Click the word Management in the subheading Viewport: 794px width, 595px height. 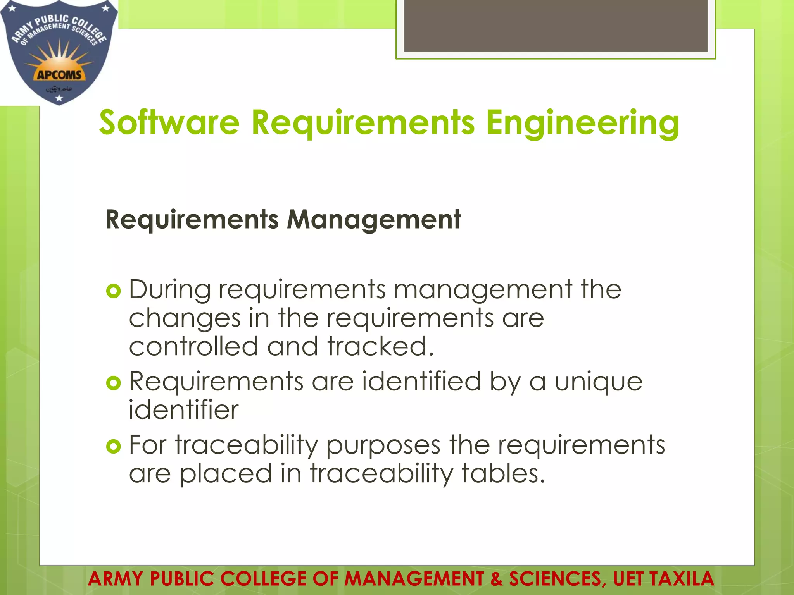pos(374,219)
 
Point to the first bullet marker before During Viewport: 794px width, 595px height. pos(114,291)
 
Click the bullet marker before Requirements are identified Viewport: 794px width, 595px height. pos(114,383)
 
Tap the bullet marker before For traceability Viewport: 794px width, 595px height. pos(114,447)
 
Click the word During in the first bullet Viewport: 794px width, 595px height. pos(170,290)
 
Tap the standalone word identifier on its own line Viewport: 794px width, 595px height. pos(183,410)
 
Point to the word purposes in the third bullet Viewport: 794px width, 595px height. pos(383,445)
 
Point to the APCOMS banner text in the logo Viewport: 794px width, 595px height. pos(59,74)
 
